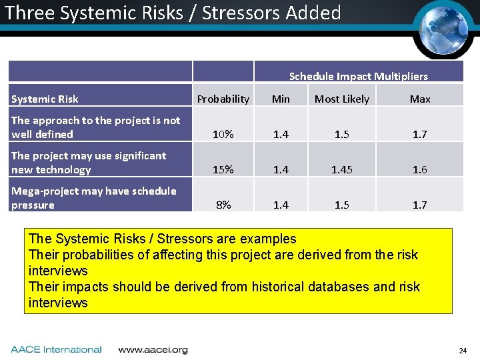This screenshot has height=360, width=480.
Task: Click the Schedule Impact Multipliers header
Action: click(358, 77)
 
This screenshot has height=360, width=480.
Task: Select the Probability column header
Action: click(223, 99)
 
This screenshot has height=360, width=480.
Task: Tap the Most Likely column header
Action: click(341, 99)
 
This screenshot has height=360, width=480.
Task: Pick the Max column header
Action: click(419, 99)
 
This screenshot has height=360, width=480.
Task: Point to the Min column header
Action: click(281, 99)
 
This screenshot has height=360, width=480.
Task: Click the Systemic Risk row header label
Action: click(45, 99)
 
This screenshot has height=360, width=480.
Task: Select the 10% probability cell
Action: click(223, 135)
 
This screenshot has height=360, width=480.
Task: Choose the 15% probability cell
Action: click(223, 170)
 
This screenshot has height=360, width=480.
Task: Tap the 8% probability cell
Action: click(223, 205)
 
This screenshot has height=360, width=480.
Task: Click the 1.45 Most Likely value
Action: click(341, 170)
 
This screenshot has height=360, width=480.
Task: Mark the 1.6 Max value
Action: click(419, 170)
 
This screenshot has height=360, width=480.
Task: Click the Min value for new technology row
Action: click(281, 170)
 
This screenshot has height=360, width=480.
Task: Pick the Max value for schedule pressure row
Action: click(419, 205)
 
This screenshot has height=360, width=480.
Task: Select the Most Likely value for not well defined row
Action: click(341, 135)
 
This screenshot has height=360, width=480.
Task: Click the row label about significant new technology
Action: click(89, 163)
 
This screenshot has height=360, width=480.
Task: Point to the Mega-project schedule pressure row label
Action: click(93, 198)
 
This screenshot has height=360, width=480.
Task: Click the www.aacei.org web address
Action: click(153, 349)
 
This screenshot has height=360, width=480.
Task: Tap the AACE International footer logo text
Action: click(57, 349)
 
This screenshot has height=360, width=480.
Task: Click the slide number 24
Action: click(463, 351)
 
